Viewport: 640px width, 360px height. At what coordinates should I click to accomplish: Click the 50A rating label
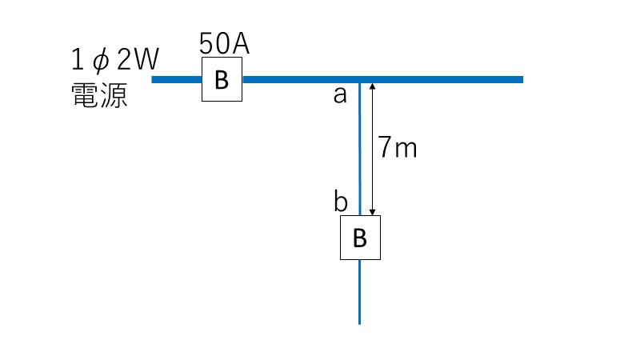click(224, 44)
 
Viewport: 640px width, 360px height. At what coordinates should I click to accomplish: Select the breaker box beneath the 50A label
click(222, 79)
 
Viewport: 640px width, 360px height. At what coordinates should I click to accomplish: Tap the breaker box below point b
click(361, 238)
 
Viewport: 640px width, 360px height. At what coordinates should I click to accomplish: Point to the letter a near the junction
click(340, 95)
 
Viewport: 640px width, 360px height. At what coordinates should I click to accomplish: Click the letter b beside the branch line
click(341, 200)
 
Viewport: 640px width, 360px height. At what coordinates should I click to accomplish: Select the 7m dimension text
click(397, 147)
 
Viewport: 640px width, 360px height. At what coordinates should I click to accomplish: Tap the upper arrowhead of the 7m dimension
click(372, 86)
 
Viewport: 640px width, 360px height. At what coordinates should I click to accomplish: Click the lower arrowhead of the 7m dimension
click(372, 212)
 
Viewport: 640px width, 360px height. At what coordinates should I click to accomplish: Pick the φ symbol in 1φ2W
click(101, 61)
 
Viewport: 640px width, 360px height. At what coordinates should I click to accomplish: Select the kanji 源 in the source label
click(114, 95)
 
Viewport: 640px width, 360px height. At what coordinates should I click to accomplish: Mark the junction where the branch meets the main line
click(359, 80)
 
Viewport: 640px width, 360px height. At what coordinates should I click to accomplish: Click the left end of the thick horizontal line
click(152, 79)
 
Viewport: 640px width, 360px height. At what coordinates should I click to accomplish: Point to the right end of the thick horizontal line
click(522, 79)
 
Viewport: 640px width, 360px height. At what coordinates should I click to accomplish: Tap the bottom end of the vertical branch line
click(359, 324)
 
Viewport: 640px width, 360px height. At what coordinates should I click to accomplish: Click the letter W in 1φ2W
click(146, 59)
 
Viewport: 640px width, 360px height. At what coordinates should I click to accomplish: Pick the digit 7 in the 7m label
click(385, 147)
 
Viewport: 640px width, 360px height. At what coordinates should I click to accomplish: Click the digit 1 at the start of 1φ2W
click(77, 59)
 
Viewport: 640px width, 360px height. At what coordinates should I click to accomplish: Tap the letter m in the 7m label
click(406, 150)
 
